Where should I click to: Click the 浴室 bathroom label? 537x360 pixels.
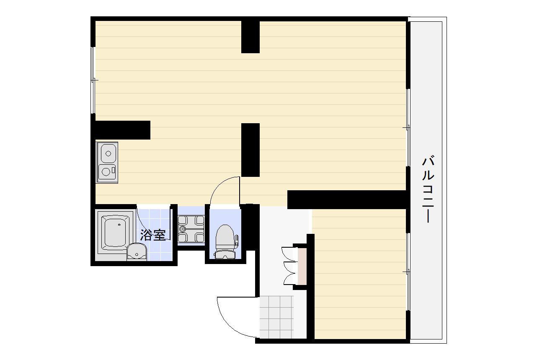[153, 235]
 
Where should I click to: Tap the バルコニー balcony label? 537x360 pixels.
[428, 189]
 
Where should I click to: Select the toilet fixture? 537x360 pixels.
[225, 242]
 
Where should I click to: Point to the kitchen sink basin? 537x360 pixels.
[108, 153]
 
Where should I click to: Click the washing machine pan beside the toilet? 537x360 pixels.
[191, 229]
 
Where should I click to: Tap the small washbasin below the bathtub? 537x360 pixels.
[137, 252]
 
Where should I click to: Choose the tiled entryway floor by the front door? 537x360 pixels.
[276, 317]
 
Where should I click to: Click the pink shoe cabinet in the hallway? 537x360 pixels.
[302, 267]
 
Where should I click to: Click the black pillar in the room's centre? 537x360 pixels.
[250, 150]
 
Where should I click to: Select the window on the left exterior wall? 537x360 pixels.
[93, 80]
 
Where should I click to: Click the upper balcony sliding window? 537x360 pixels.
[408, 127]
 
